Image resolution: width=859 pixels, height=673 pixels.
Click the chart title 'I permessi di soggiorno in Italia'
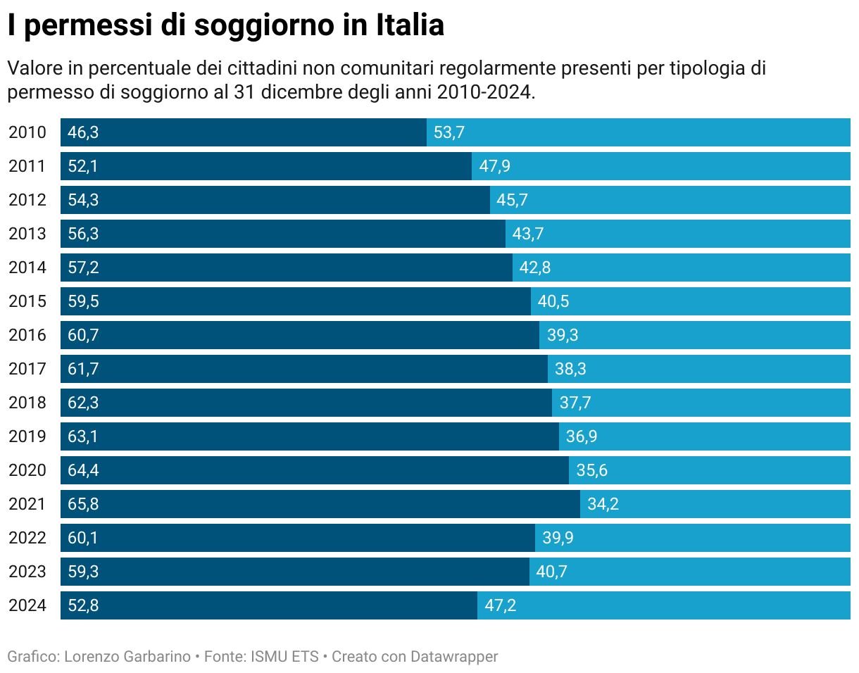pyautogui.click(x=226, y=26)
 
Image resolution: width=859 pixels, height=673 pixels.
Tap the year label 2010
pyautogui.click(x=27, y=132)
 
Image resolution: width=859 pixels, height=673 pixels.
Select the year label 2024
pyautogui.click(x=27, y=605)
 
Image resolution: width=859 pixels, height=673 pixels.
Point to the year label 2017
pyautogui.click(x=27, y=369)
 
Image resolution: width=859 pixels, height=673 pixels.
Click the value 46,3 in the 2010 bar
pyautogui.click(x=83, y=132)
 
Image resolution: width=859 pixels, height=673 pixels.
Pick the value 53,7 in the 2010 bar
pyautogui.click(x=449, y=132)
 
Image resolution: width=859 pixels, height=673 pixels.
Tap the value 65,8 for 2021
pyautogui.click(x=83, y=504)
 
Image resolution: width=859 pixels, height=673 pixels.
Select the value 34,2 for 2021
pyautogui.click(x=603, y=504)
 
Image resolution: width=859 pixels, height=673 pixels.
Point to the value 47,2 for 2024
pyautogui.click(x=501, y=605)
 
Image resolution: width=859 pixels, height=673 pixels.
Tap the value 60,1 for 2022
pyautogui.click(x=83, y=538)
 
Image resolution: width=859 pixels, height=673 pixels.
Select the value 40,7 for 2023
pyautogui.click(x=551, y=572)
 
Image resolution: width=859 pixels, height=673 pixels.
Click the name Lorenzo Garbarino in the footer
pyautogui.click(x=127, y=657)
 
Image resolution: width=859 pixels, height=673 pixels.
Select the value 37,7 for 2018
pyautogui.click(x=575, y=403)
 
